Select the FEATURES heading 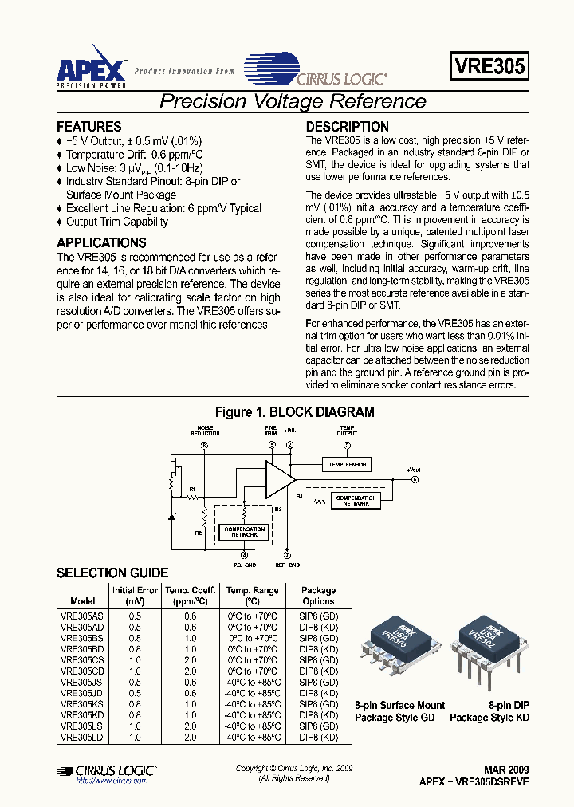click(x=88, y=127)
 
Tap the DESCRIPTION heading click(x=348, y=127)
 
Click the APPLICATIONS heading click(x=101, y=242)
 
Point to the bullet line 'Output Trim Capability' click(x=116, y=222)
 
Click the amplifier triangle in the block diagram click(x=279, y=480)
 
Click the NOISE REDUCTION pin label click(x=204, y=431)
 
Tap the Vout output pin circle click(x=415, y=479)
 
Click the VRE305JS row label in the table click(x=82, y=683)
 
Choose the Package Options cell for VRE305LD click(x=318, y=738)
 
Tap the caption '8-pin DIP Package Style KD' click(x=489, y=711)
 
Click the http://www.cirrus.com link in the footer click(x=112, y=781)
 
